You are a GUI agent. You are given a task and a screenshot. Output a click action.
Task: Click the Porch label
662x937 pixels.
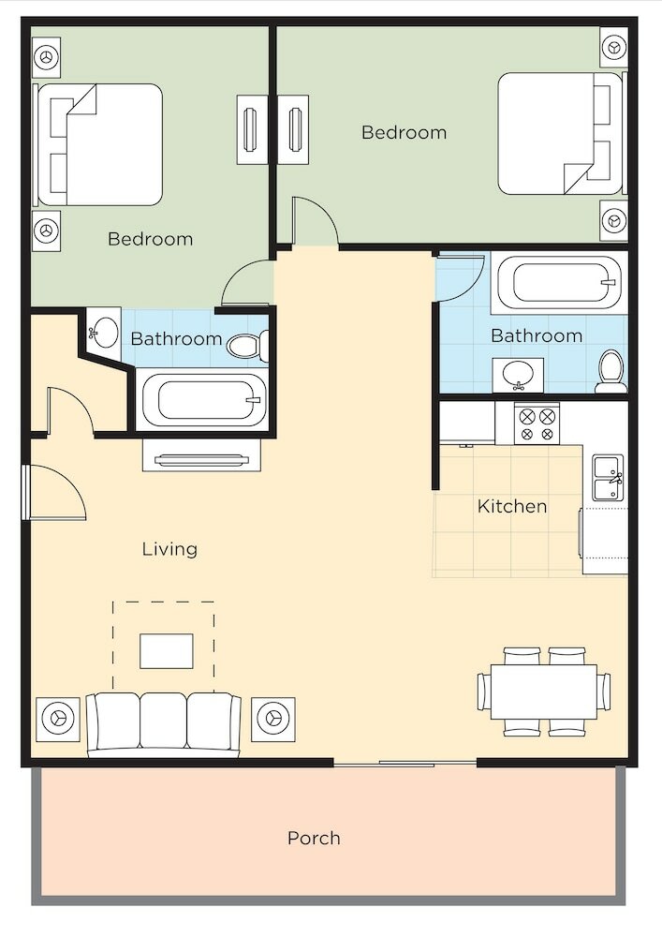coord(314,839)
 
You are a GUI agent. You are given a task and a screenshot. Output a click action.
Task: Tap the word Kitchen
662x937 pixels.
coord(512,507)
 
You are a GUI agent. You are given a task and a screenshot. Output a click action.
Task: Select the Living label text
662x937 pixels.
coord(169,549)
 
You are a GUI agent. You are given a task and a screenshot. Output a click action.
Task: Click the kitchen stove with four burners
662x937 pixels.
coord(537,424)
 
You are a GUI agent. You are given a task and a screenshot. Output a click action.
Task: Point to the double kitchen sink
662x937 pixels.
coord(609,478)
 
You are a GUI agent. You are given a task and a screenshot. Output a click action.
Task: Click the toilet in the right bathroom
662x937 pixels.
coord(611,371)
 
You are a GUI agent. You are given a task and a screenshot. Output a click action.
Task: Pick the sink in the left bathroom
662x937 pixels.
coord(104,331)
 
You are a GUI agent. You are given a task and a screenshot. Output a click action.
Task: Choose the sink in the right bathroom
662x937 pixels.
coord(518,376)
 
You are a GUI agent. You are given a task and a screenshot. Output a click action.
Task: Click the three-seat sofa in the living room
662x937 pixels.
coord(164,724)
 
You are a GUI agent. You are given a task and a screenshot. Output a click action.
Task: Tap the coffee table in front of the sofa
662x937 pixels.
coord(167,651)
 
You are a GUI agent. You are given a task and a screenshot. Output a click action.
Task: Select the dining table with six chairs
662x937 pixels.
coord(544,692)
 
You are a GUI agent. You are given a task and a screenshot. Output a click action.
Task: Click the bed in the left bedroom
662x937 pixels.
coord(99,144)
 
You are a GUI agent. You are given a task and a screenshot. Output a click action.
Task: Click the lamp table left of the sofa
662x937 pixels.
coord(58,719)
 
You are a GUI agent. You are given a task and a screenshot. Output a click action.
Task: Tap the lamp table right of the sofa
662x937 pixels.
coord(272,719)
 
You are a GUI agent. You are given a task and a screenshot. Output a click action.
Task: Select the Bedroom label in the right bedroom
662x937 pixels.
coord(405,132)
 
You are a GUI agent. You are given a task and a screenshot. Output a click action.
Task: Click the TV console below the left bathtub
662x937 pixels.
coord(201,455)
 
